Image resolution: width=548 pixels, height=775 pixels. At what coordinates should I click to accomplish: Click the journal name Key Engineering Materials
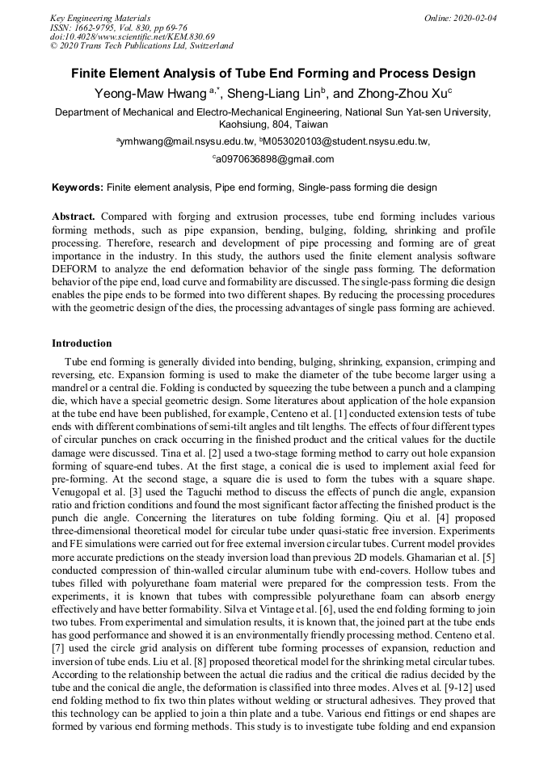click(100, 17)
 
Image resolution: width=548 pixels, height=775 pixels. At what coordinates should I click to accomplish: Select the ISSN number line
click(122, 27)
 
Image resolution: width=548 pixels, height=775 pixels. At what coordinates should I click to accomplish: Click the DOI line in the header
click(133, 36)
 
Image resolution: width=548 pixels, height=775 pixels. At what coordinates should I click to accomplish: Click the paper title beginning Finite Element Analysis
click(273, 74)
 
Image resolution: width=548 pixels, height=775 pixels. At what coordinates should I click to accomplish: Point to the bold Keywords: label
click(78, 187)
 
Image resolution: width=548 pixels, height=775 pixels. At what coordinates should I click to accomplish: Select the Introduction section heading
click(82, 343)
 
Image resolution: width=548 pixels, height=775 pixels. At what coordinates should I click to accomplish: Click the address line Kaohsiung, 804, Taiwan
click(273, 124)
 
